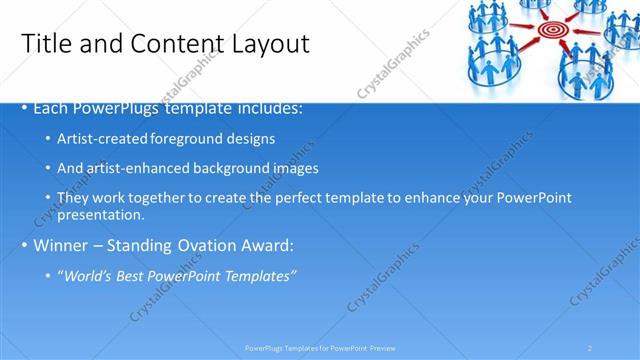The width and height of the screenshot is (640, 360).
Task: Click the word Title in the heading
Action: coord(46,43)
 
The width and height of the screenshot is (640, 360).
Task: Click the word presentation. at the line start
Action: coord(101,214)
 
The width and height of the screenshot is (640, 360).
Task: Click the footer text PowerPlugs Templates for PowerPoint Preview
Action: coord(320,348)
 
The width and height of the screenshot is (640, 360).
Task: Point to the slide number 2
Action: coord(590,348)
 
